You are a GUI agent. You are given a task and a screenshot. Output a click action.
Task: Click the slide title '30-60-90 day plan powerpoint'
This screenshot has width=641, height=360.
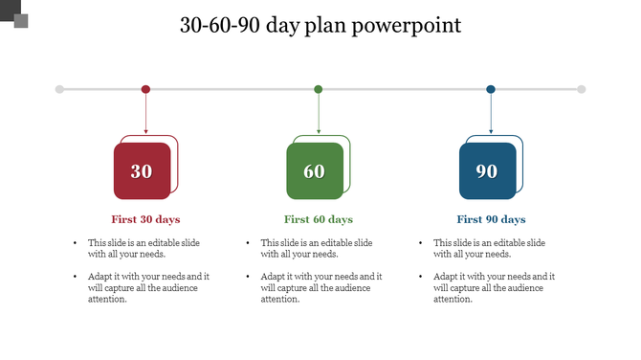320,25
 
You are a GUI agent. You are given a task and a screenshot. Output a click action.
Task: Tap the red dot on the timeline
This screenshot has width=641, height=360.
145,89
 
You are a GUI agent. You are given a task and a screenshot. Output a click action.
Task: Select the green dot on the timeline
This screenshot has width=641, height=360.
319,89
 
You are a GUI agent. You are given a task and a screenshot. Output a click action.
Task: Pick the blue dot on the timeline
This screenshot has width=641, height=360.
491,89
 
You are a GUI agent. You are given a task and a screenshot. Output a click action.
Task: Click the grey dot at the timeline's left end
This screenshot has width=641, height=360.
59,89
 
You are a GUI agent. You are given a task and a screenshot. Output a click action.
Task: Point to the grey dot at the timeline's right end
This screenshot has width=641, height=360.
582,89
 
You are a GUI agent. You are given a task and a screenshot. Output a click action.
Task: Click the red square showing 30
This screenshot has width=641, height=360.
142,171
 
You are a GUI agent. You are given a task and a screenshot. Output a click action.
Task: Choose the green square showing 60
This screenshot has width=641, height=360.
314,171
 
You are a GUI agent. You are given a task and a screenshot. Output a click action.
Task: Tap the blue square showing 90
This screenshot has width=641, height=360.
487,171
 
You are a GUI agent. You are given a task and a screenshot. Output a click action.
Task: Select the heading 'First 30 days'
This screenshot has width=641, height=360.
145,219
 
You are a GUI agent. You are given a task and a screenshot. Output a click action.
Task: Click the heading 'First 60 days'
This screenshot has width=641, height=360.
319,219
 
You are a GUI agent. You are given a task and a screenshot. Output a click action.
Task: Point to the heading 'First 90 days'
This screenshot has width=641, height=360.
491,219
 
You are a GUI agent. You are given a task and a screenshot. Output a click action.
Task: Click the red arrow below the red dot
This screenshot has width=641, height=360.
145,115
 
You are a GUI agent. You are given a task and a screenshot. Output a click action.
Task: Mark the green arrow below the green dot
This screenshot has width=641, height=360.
319,115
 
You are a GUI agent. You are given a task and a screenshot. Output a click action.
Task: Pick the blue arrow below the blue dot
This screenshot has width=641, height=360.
491,115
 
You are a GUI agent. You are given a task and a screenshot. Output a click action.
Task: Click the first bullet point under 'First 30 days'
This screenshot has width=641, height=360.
144,248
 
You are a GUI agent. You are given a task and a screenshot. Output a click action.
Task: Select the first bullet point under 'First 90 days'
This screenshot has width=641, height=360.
489,248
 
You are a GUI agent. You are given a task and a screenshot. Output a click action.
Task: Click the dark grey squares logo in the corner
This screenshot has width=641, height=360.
14,14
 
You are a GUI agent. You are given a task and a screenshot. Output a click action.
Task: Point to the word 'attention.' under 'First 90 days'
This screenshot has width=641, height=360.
453,299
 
